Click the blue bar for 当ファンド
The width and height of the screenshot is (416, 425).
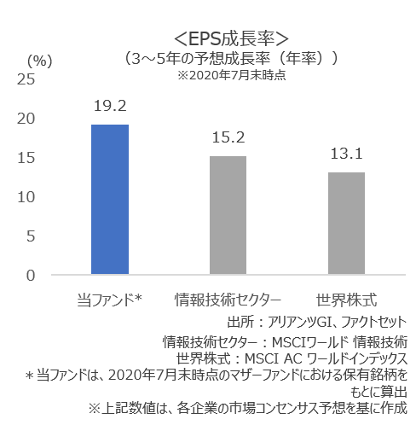pyautogui.click(x=109, y=200)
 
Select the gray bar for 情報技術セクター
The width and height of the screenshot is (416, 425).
pyautogui.click(x=228, y=215)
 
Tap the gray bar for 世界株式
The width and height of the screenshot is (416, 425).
pyautogui.click(x=346, y=224)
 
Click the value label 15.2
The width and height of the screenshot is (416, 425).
pyautogui.click(x=228, y=138)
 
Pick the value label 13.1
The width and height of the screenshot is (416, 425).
pyautogui.click(x=346, y=154)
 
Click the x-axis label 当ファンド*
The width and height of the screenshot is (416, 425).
pyautogui.click(x=108, y=300)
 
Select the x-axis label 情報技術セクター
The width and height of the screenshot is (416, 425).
pyautogui.click(x=228, y=300)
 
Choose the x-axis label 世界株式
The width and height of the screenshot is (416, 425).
pyautogui.click(x=346, y=300)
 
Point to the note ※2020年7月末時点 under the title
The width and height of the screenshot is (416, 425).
pyautogui.click(x=231, y=75)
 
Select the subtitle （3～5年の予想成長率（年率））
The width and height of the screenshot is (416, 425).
pyautogui.click(x=232, y=58)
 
